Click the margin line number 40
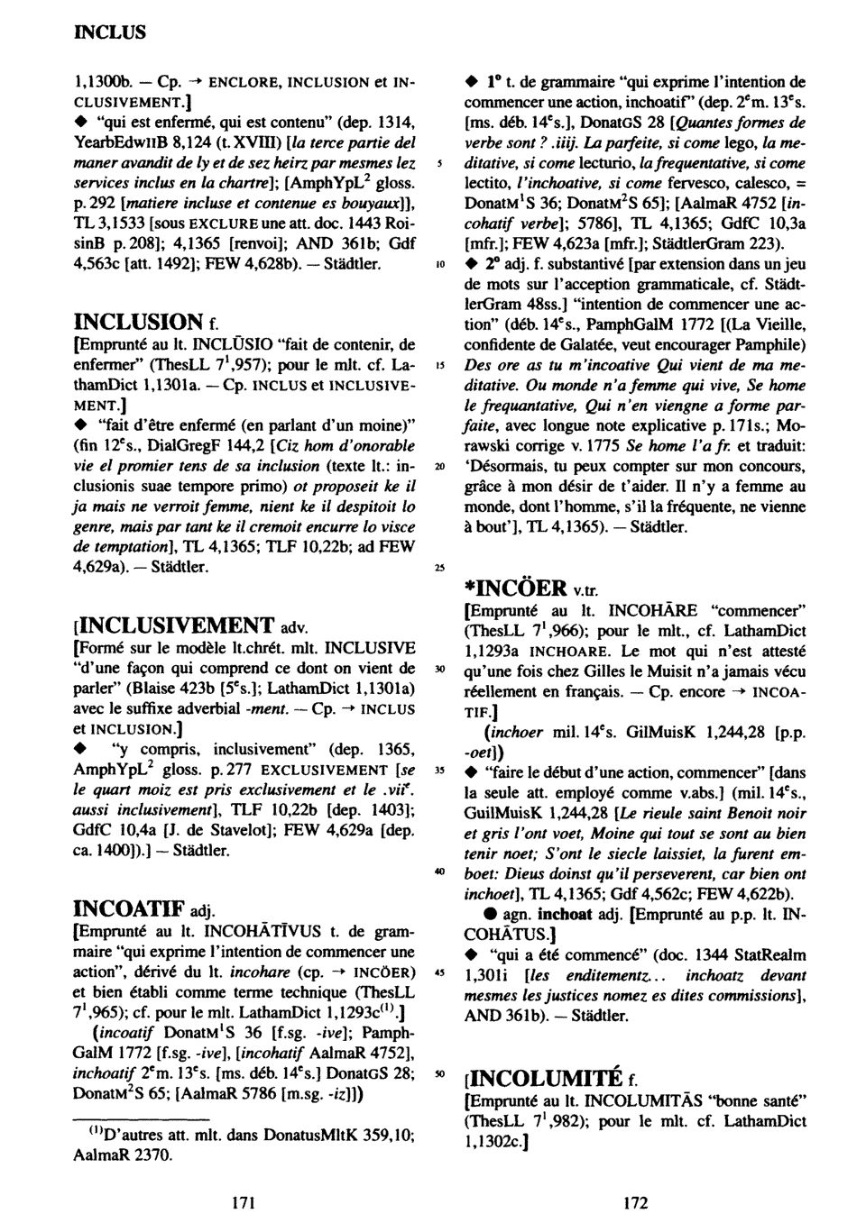439,873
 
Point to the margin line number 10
439,266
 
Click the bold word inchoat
567,913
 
